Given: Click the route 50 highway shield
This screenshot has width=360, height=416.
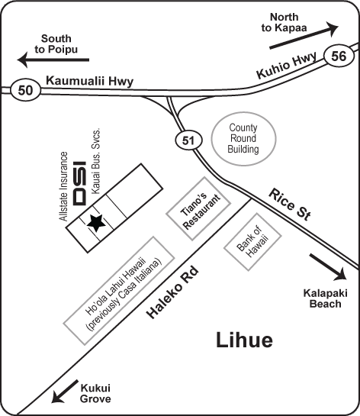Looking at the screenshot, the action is point(26,90).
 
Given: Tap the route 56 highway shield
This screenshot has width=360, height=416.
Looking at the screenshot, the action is point(339,56).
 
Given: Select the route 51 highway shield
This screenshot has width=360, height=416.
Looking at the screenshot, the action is point(188,140).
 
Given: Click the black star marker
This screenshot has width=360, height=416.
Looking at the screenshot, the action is point(96,222).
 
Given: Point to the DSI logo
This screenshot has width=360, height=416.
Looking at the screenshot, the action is point(79,183).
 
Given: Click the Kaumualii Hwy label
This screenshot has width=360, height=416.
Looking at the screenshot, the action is point(89,81).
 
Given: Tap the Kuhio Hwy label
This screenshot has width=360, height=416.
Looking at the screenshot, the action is point(286,66).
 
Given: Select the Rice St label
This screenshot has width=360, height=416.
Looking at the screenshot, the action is point(289,205).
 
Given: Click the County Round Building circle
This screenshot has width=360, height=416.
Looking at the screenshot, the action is point(243,138).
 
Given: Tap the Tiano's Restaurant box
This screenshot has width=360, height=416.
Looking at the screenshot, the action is point(198,209).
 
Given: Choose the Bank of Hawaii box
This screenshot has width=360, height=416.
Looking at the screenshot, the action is point(252,241).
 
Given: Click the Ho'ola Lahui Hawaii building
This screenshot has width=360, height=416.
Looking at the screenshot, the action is point(119,291).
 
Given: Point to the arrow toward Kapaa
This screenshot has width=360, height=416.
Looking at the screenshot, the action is point(304,37).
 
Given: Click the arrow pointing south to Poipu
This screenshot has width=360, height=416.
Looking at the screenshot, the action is point(53,60).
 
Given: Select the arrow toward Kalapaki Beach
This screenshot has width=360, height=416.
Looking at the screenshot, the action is point(328,267).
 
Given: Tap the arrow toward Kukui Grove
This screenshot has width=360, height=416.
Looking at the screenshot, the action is point(64,392).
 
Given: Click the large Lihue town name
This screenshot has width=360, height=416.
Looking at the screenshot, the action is point(244,340).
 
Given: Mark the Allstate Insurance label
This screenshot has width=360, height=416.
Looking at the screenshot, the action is point(63,186).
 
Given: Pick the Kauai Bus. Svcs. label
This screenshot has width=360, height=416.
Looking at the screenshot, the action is point(96,161).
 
